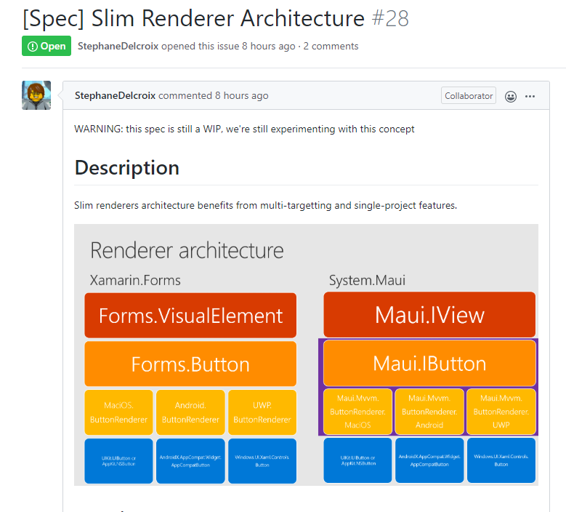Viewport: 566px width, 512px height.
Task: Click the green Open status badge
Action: (46, 46)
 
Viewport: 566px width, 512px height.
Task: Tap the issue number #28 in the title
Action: (390, 17)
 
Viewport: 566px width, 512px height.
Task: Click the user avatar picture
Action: (36, 95)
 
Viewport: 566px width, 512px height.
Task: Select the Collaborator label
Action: (469, 95)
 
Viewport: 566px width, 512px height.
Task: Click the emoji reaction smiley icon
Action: (511, 96)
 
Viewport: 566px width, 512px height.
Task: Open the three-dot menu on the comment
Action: (530, 96)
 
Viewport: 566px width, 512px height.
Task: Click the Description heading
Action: (127, 167)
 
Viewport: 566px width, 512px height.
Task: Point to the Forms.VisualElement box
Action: (190, 316)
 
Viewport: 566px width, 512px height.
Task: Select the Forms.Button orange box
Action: (190, 364)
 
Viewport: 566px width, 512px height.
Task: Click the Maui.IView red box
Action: (429, 315)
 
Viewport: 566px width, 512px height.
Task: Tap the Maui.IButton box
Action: (429, 363)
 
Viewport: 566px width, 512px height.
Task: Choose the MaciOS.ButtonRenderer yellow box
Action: (118, 412)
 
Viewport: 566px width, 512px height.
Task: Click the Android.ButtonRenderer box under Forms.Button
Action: (190, 412)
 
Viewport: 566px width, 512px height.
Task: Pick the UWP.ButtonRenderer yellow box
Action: (262, 412)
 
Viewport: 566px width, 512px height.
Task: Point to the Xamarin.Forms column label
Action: (135, 280)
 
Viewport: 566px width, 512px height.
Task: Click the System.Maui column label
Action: (367, 280)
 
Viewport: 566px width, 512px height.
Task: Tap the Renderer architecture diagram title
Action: (187, 251)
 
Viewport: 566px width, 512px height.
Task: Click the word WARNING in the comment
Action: (98, 129)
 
